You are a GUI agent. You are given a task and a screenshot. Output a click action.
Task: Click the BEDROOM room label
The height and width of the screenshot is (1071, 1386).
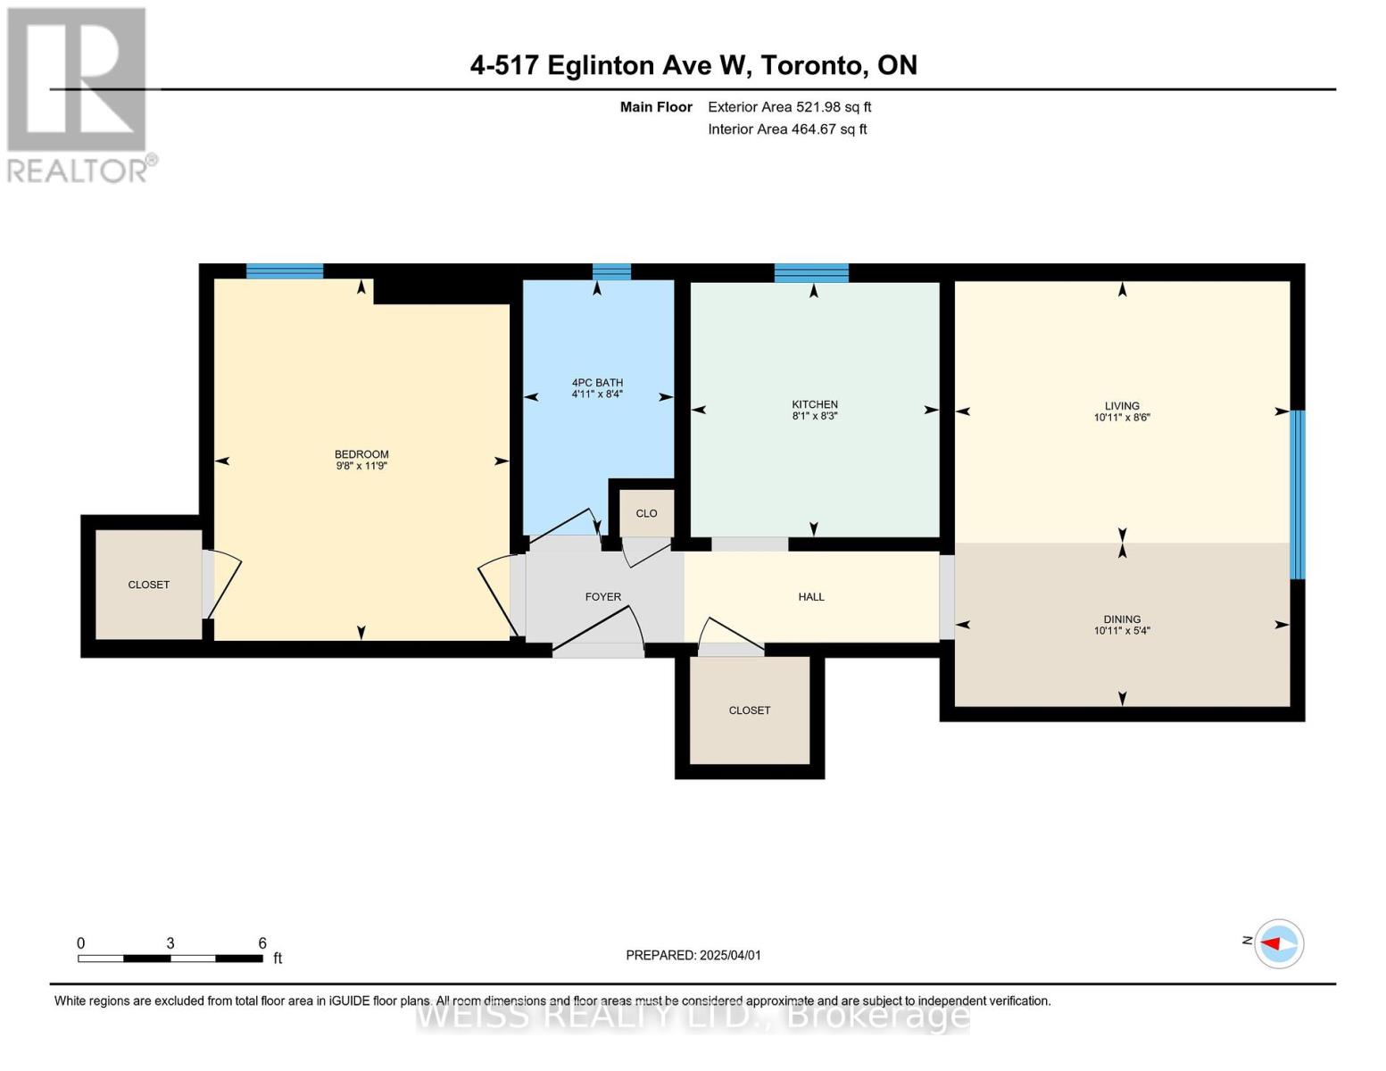pyautogui.click(x=361, y=454)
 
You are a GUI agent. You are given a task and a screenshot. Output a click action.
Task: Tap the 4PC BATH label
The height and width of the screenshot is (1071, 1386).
pyautogui.click(x=597, y=383)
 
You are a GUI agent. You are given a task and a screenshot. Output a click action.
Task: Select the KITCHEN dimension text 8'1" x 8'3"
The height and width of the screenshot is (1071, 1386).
pyautogui.click(x=815, y=416)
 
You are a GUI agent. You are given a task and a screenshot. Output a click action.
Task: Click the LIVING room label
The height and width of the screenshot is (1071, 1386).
pyautogui.click(x=1122, y=406)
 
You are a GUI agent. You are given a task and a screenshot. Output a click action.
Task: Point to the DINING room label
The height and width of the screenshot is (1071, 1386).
pyautogui.click(x=1122, y=619)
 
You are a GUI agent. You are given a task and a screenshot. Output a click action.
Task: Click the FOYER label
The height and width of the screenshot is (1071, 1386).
pyautogui.click(x=603, y=597)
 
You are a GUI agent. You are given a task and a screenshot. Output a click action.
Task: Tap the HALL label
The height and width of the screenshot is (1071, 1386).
pyautogui.click(x=811, y=597)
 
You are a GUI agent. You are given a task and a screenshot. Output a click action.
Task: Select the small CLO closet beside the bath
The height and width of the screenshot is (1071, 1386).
pyautogui.click(x=646, y=513)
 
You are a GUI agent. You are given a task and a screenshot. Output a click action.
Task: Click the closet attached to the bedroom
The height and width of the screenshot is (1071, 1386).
pyautogui.click(x=149, y=585)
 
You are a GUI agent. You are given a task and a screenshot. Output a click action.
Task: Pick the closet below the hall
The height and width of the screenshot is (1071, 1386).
pyautogui.click(x=750, y=710)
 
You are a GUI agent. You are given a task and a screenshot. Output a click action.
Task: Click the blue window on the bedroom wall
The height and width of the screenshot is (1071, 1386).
pyautogui.click(x=285, y=271)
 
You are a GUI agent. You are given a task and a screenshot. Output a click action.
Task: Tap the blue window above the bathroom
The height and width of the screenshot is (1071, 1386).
pyautogui.click(x=611, y=271)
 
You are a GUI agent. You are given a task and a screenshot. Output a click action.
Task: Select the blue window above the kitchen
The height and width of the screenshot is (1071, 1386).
pyautogui.click(x=811, y=273)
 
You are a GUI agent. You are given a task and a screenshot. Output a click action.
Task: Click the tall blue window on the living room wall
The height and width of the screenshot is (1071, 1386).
pyautogui.click(x=1298, y=494)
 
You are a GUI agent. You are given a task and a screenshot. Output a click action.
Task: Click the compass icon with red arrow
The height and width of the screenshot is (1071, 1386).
pyautogui.click(x=1279, y=943)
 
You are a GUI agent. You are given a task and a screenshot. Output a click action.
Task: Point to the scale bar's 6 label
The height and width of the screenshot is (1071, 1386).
pyautogui.click(x=262, y=943)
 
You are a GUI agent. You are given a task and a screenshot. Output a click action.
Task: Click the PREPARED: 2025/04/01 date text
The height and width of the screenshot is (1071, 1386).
pyautogui.click(x=693, y=955)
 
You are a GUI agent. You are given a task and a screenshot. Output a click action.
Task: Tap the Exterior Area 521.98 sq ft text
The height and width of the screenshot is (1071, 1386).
pyautogui.click(x=789, y=107)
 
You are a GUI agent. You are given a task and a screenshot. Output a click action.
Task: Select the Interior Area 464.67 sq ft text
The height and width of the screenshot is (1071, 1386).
pyautogui.click(x=787, y=129)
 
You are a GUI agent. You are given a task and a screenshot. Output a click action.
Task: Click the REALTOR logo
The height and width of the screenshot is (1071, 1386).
pyautogui.click(x=78, y=94)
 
